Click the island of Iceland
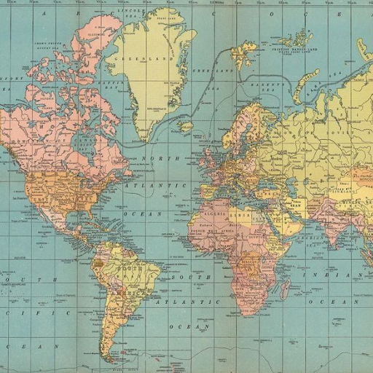point(186,127)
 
